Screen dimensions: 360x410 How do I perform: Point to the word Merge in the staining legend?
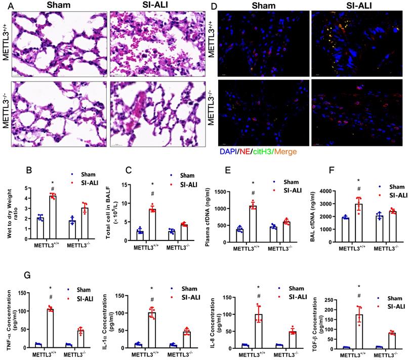tap(286, 151)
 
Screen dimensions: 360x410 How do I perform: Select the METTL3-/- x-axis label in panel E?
tap(277, 249)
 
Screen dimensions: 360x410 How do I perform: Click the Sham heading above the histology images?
tap(57, 5)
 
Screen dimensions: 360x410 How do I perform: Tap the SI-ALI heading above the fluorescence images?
tap(358, 5)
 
